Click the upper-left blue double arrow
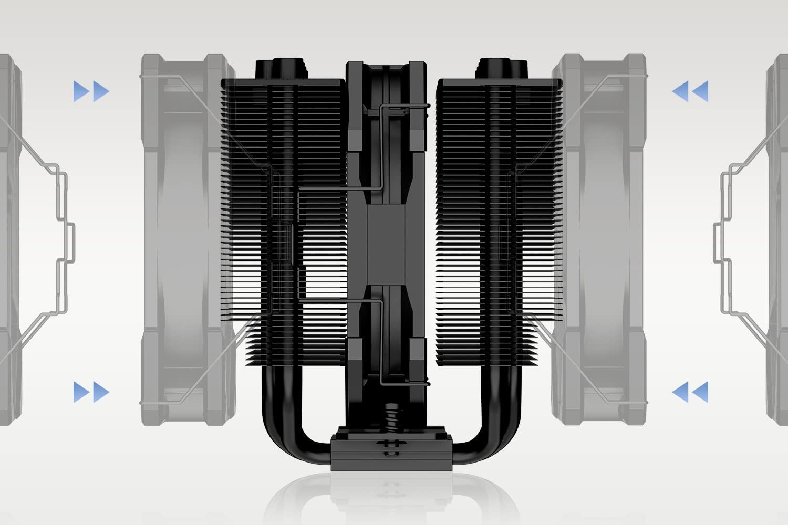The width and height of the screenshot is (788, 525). (x=91, y=91)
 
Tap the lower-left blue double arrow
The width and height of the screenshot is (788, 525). (x=91, y=392)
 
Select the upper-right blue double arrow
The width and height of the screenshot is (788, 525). (x=690, y=91)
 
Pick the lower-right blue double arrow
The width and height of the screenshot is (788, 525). (x=690, y=392)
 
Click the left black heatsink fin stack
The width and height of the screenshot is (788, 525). (x=284, y=220)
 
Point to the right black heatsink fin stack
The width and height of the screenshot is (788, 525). (x=499, y=220)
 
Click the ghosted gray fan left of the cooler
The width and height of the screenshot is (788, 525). (x=181, y=231)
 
